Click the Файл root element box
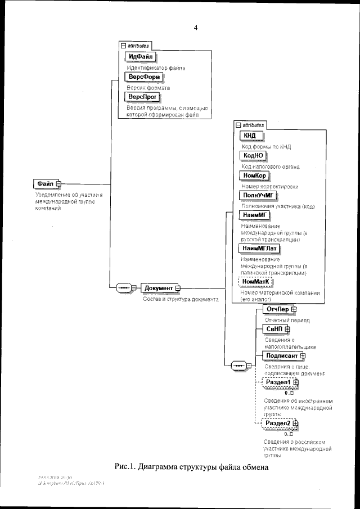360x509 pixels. pos(45,183)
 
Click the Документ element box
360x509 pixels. pos(158,289)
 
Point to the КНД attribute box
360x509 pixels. pos(250,136)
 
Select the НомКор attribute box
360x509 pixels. pos(253,175)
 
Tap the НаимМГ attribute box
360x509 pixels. pos(254,215)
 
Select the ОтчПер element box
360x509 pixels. pos(277,309)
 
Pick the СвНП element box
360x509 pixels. pos(273,329)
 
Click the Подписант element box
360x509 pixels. pos(281,355)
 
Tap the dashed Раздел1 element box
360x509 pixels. pos(278,383)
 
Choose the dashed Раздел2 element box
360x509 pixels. pos(278,424)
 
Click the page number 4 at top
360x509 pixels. pos(195,27)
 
